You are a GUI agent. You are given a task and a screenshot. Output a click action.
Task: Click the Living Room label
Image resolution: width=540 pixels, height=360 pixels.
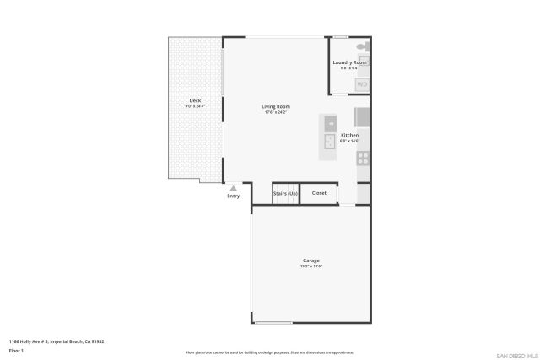pyautogui.click(x=276, y=106)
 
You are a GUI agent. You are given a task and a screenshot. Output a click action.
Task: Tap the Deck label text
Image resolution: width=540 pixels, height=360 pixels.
pyautogui.click(x=195, y=100)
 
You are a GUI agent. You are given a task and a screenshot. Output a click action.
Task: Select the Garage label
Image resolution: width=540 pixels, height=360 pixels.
pyautogui.click(x=311, y=261)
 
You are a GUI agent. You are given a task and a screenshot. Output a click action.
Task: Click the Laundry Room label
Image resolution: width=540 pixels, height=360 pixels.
pyautogui.click(x=349, y=62)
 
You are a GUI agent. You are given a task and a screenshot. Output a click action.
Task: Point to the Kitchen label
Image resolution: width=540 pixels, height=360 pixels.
pyautogui.click(x=349, y=135)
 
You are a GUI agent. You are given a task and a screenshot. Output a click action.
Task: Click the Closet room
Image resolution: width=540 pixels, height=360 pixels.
pyautogui.click(x=319, y=193)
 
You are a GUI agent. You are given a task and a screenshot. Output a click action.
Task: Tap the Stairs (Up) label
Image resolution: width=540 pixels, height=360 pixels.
pyautogui.click(x=285, y=194)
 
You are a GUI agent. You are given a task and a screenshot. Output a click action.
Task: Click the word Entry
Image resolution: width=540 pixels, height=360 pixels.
pyautogui.click(x=234, y=196)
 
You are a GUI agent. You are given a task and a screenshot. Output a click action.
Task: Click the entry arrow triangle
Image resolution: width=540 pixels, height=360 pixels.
pyautogui.click(x=234, y=188)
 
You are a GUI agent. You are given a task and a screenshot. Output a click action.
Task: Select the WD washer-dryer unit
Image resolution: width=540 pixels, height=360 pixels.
pyautogui.click(x=362, y=84)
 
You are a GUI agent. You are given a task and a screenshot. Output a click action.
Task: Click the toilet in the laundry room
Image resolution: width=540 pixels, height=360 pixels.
pyautogui.click(x=361, y=47)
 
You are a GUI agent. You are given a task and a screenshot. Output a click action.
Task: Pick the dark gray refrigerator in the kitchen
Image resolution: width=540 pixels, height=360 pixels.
pyautogui.click(x=361, y=116)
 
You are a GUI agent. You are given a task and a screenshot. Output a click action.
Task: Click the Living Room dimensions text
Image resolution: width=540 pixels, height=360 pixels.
pyautogui.click(x=276, y=112)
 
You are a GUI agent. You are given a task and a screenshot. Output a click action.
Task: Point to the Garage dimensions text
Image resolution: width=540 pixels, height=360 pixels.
pyautogui.click(x=311, y=266)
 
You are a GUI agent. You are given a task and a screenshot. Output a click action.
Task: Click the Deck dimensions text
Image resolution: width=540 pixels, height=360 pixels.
pyautogui.click(x=195, y=106)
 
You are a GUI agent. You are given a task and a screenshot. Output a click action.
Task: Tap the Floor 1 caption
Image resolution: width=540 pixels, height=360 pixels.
pyautogui.click(x=16, y=349)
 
